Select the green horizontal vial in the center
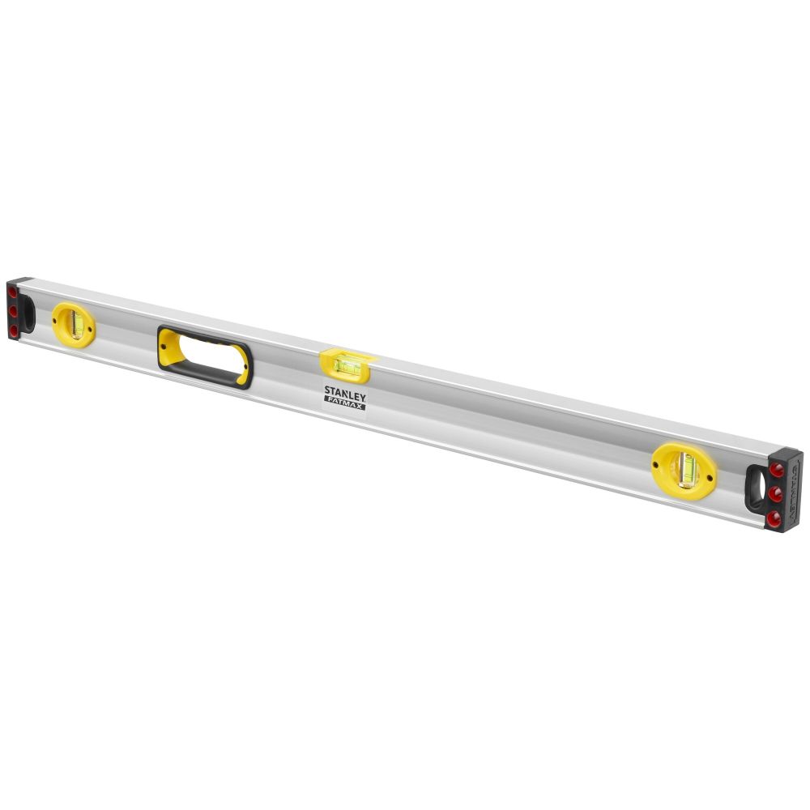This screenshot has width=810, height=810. pos(347,367)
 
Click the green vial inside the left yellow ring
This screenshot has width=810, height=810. pos(78,324)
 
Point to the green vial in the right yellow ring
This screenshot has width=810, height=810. pos(687,468)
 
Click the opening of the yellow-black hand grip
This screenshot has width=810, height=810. pos(204,356)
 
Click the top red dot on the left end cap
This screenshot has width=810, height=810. pos(12,291)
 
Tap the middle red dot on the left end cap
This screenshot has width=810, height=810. pos(12,309)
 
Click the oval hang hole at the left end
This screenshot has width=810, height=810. pos(28,310)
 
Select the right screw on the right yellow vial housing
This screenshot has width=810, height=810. pos(711,475)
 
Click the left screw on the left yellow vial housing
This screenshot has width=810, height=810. pos(59,319)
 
